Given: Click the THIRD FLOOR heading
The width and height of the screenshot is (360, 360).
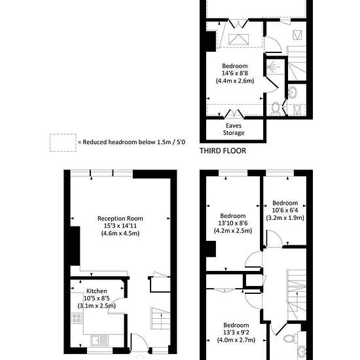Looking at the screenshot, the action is [223, 151].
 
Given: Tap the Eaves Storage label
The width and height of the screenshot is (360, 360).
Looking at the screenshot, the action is [234, 129].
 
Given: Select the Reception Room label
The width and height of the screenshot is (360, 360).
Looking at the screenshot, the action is [120, 219].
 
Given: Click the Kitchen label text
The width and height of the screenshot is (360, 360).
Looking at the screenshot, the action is [96, 291].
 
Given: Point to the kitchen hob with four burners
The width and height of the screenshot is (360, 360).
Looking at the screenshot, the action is [77, 318].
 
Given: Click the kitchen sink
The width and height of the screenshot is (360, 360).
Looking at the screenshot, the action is [99, 340].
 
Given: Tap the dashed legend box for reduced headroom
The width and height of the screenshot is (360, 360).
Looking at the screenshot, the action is [63, 143].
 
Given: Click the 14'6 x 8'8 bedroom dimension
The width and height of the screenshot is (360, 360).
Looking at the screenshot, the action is [234, 73].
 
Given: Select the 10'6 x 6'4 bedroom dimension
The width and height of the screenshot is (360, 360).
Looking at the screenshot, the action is [285, 210].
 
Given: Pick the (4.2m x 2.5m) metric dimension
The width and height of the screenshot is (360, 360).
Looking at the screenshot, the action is [233, 230].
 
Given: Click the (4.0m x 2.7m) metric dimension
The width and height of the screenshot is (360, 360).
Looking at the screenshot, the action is [236, 340].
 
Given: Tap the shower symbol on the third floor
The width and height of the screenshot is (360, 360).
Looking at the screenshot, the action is [273, 67].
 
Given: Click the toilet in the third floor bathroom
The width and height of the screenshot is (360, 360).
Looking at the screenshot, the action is [276, 109].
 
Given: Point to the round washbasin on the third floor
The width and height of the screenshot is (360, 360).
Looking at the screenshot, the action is [293, 92].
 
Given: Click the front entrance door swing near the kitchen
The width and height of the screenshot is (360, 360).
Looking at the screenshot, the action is [139, 342].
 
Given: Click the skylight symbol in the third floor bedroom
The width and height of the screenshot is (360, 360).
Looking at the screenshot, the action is [238, 39].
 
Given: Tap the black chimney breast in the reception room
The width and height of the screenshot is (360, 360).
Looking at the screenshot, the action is [75, 246].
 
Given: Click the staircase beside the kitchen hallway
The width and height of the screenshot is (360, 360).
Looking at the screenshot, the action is [160, 319].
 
